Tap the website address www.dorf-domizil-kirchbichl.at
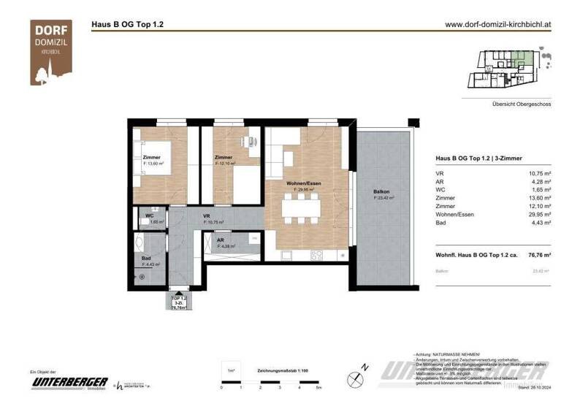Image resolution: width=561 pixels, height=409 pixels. click(497, 23)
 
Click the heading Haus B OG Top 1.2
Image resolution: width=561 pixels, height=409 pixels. click(127, 23)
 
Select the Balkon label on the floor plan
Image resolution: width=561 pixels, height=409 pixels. click(383, 192)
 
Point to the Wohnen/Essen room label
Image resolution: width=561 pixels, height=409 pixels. click(303, 183)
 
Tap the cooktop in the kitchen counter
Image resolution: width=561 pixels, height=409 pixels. click(317, 254)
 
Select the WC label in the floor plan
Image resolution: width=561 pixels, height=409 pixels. click(149, 216)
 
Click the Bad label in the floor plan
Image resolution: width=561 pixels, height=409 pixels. click(146, 259)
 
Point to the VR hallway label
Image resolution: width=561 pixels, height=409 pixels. click(207, 216)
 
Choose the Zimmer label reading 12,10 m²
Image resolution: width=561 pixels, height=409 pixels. click(224, 158)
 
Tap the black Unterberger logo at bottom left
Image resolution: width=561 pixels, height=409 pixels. click(69, 383)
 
